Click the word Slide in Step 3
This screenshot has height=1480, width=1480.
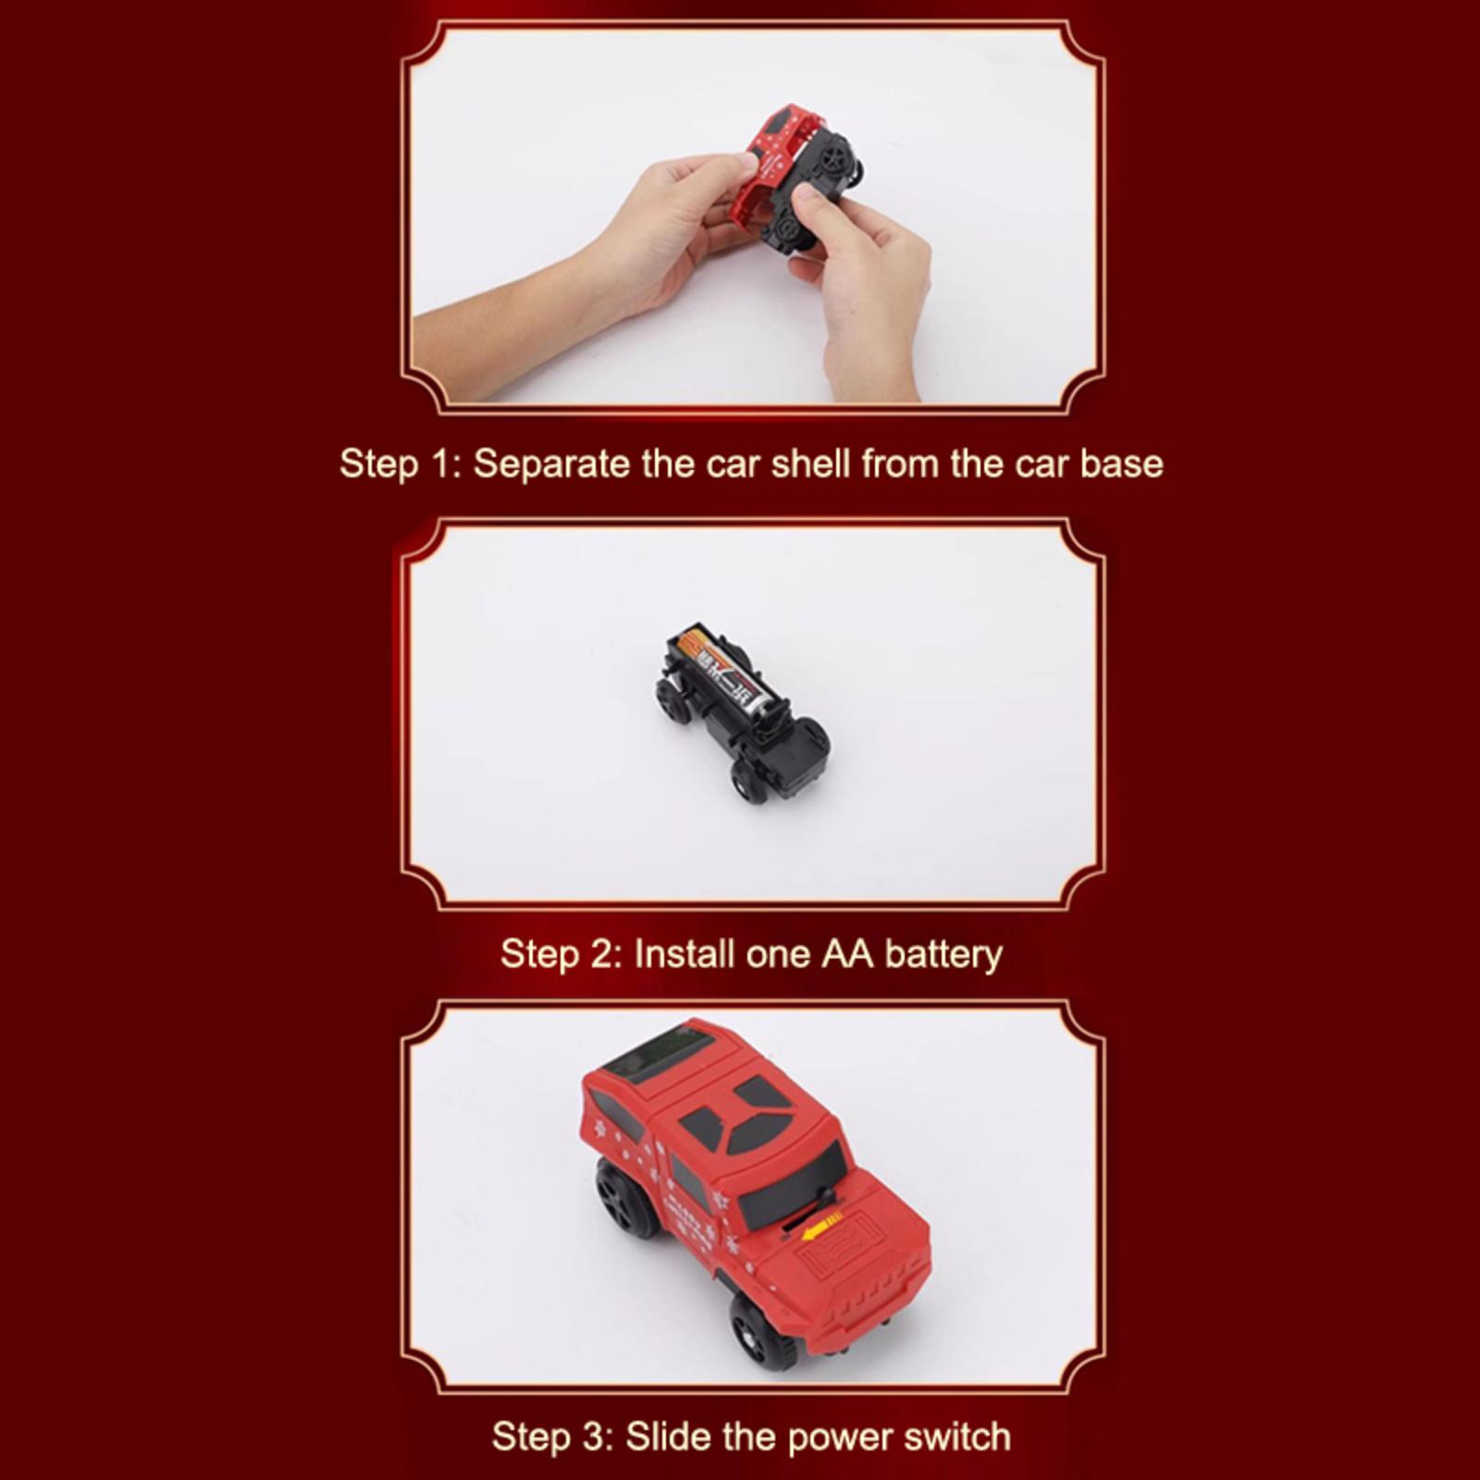pos(669,1437)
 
